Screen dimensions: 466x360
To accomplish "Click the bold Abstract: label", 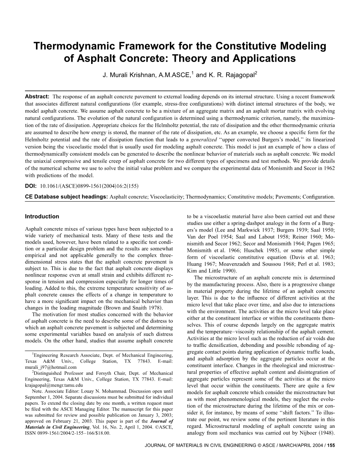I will click(x=37, y=97).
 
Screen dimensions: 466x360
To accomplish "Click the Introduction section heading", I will click(x=42, y=217).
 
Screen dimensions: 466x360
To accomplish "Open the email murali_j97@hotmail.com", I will click(x=51, y=367).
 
